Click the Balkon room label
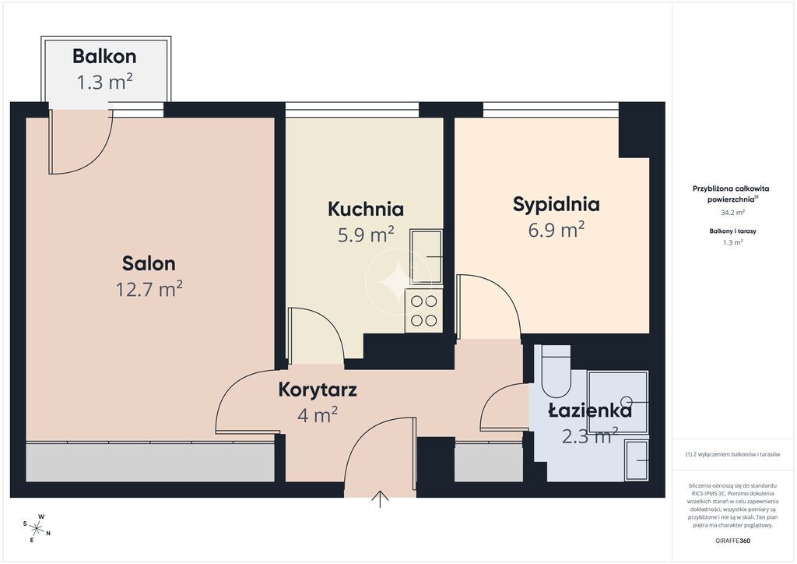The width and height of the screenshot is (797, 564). tap(104, 56)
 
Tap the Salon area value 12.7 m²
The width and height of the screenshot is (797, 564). tap(149, 289)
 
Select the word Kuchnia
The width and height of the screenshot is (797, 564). tap(366, 209)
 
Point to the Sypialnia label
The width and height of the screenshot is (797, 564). tap(556, 204)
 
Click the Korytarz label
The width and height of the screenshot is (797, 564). tap(318, 390)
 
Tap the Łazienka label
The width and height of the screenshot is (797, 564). tap(590, 410)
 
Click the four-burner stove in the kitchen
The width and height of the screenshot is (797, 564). tap(424, 311)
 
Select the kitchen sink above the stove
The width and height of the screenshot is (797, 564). tap(426, 256)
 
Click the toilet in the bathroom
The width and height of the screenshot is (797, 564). tap(556, 372)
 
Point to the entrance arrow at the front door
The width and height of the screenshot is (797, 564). tap(380, 499)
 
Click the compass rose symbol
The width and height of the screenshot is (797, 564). tap(37, 529)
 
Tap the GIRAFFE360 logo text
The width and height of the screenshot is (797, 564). tap(732, 541)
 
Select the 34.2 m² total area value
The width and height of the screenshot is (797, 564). tap(732, 213)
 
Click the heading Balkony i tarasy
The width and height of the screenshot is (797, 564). tap(732, 231)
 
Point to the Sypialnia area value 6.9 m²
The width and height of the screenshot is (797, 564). tap(556, 230)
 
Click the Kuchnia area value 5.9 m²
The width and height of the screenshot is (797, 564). tap(366, 235)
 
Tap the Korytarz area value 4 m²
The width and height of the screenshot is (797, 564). tap(318, 415)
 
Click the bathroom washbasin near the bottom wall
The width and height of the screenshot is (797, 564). tap(637, 460)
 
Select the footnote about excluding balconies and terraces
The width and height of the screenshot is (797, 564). tap(732, 454)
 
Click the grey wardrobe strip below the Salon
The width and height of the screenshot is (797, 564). tap(150, 462)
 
